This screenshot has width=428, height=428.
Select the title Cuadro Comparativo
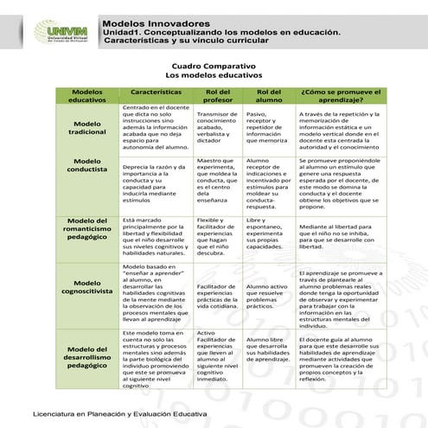coord(213,66)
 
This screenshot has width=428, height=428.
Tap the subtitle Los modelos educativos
coord(213,76)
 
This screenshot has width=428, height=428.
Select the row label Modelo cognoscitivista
coord(86,288)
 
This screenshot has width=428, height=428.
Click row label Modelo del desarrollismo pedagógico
coord(86,355)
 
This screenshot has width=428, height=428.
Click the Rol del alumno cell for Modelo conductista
coord(269,183)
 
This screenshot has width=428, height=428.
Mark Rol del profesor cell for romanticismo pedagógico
coord(218,236)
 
